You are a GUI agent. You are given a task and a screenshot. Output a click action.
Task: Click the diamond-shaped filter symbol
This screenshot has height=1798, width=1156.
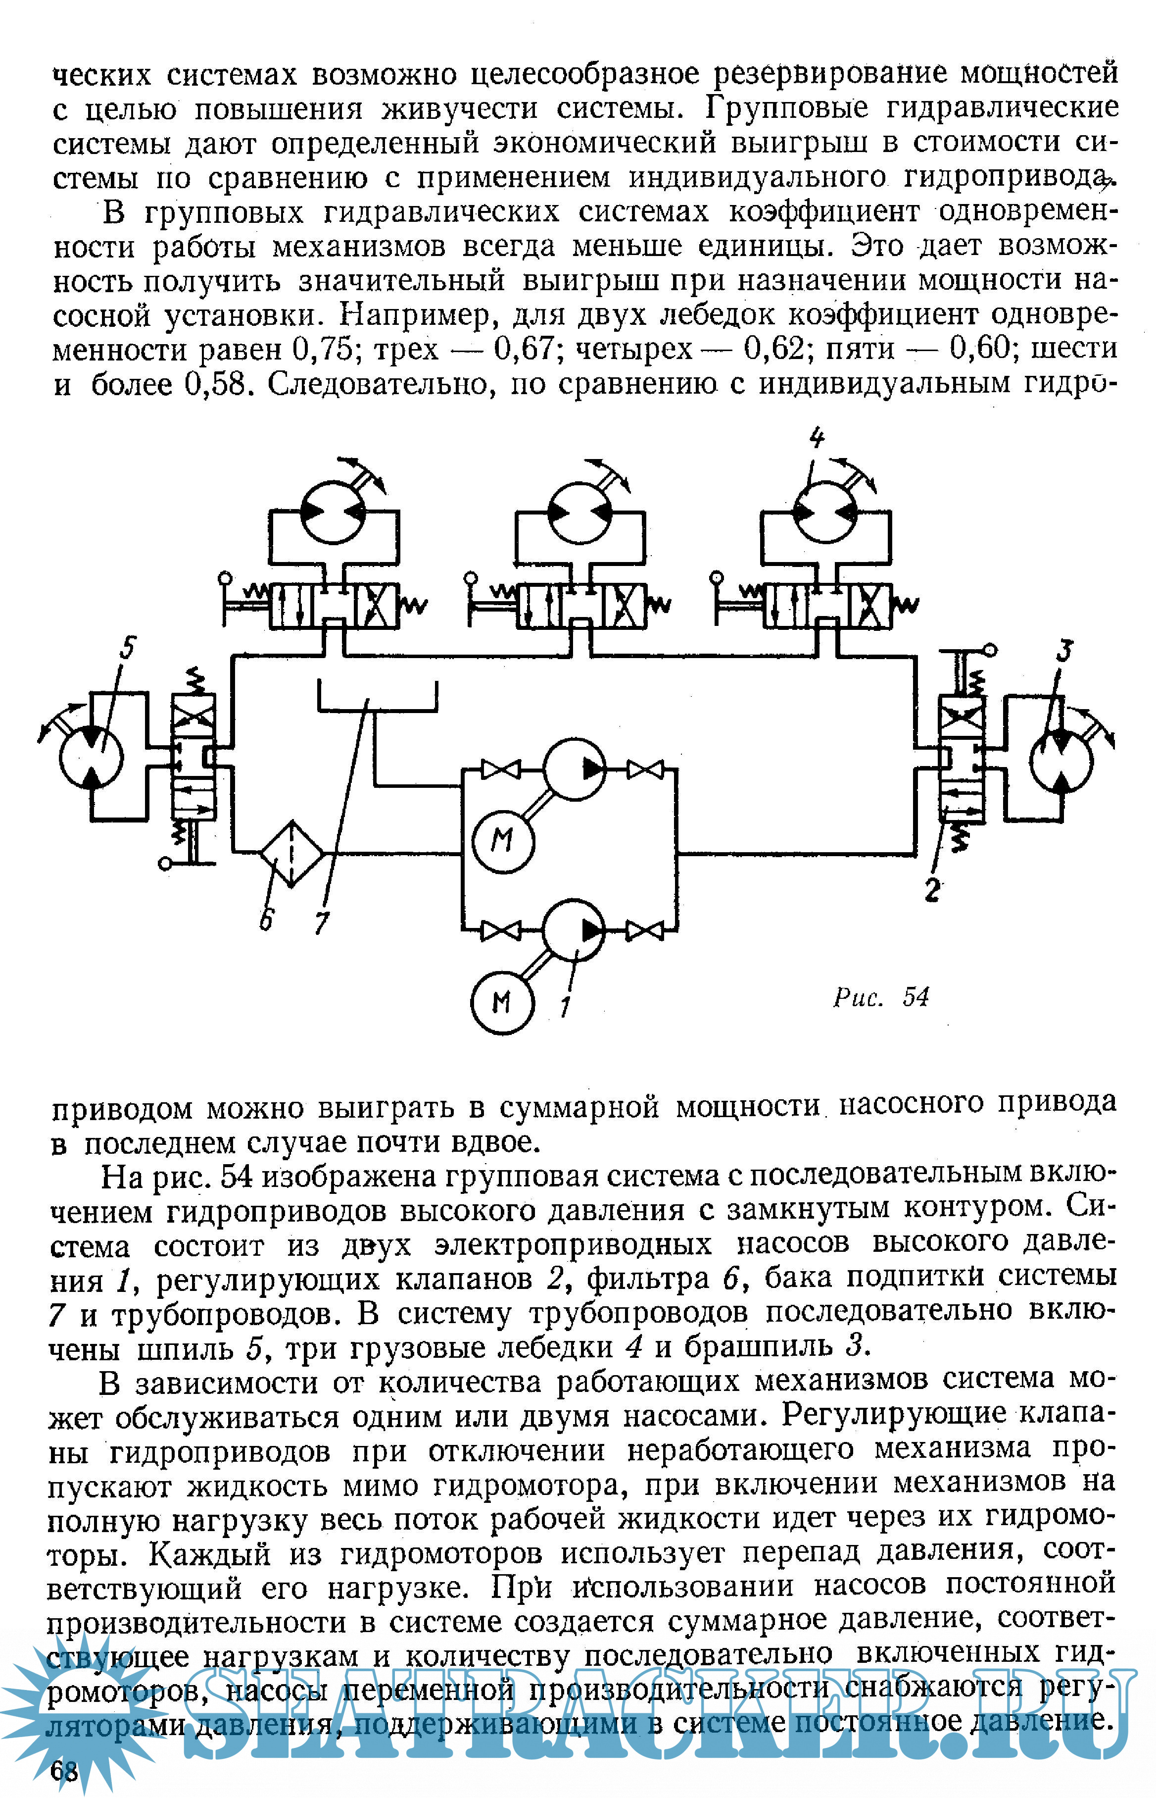coord(292,853)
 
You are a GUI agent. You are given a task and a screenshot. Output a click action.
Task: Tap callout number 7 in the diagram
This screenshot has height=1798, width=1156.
coord(322,923)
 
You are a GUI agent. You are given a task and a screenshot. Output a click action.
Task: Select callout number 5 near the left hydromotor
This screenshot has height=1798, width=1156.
coord(128,647)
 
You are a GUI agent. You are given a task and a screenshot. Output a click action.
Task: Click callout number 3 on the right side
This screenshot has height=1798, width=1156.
coord(1063,650)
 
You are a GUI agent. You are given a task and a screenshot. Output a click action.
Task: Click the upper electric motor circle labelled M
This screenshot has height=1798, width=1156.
coord(503,840)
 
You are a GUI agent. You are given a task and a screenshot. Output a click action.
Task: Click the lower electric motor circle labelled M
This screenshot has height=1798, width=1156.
coord(502,1003)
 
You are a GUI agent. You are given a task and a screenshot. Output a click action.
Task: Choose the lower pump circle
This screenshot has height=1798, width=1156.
coord(574,930)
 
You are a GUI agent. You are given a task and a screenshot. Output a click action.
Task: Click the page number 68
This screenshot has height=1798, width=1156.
coord(64,1770)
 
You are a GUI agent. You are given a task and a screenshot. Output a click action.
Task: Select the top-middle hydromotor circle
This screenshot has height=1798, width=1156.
coord(579,512)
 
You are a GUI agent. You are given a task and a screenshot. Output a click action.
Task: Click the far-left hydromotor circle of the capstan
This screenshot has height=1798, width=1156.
coord(91,757)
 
